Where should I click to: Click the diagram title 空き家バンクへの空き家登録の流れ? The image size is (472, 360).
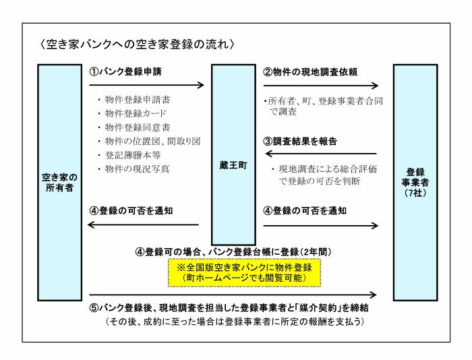tap(137, 44)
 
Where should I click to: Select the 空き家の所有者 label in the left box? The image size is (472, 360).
tap(59, 183)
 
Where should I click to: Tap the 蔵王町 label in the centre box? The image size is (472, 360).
tap(233, 165)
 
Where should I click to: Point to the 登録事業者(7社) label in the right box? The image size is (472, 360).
tap(415, 183)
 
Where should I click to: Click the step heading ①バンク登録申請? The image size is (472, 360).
tap(125, 71)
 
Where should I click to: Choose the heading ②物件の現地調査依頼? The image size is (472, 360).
tap(310, 72)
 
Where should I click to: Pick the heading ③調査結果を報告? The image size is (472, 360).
tap(300, 141)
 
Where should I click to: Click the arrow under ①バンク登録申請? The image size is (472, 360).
tap(146, 85)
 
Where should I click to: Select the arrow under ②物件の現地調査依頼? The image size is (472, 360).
tap(320, 86)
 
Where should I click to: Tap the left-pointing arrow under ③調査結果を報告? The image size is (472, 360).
tap(321, 154)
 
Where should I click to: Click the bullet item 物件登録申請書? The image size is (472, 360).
tap(138, 100)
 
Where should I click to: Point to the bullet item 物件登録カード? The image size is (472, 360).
tap(136, 113)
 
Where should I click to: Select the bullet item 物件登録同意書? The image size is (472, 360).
tap(138, 127)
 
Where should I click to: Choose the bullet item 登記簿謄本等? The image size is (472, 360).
tap(133, 155)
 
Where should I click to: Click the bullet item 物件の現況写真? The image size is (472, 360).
tap(138, 169)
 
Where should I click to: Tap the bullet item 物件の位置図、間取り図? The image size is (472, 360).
tap(152, 141)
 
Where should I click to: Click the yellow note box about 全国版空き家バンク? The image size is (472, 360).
tap(244, 272)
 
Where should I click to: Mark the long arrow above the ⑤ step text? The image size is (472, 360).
tap(233, 295)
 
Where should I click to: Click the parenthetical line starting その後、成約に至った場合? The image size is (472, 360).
tap(235, 322)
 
